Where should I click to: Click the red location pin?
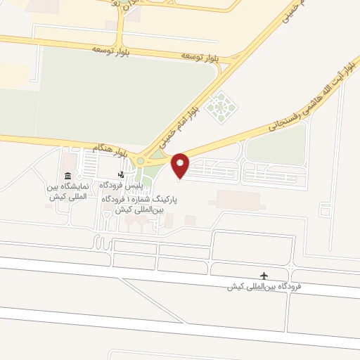[181, 165]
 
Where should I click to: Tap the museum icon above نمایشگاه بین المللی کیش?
[67, 176]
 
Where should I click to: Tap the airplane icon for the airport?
[264, 276]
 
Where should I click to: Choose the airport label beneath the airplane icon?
[264, 287]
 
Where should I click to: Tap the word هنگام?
[102, 148]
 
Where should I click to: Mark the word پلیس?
[136, 185]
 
